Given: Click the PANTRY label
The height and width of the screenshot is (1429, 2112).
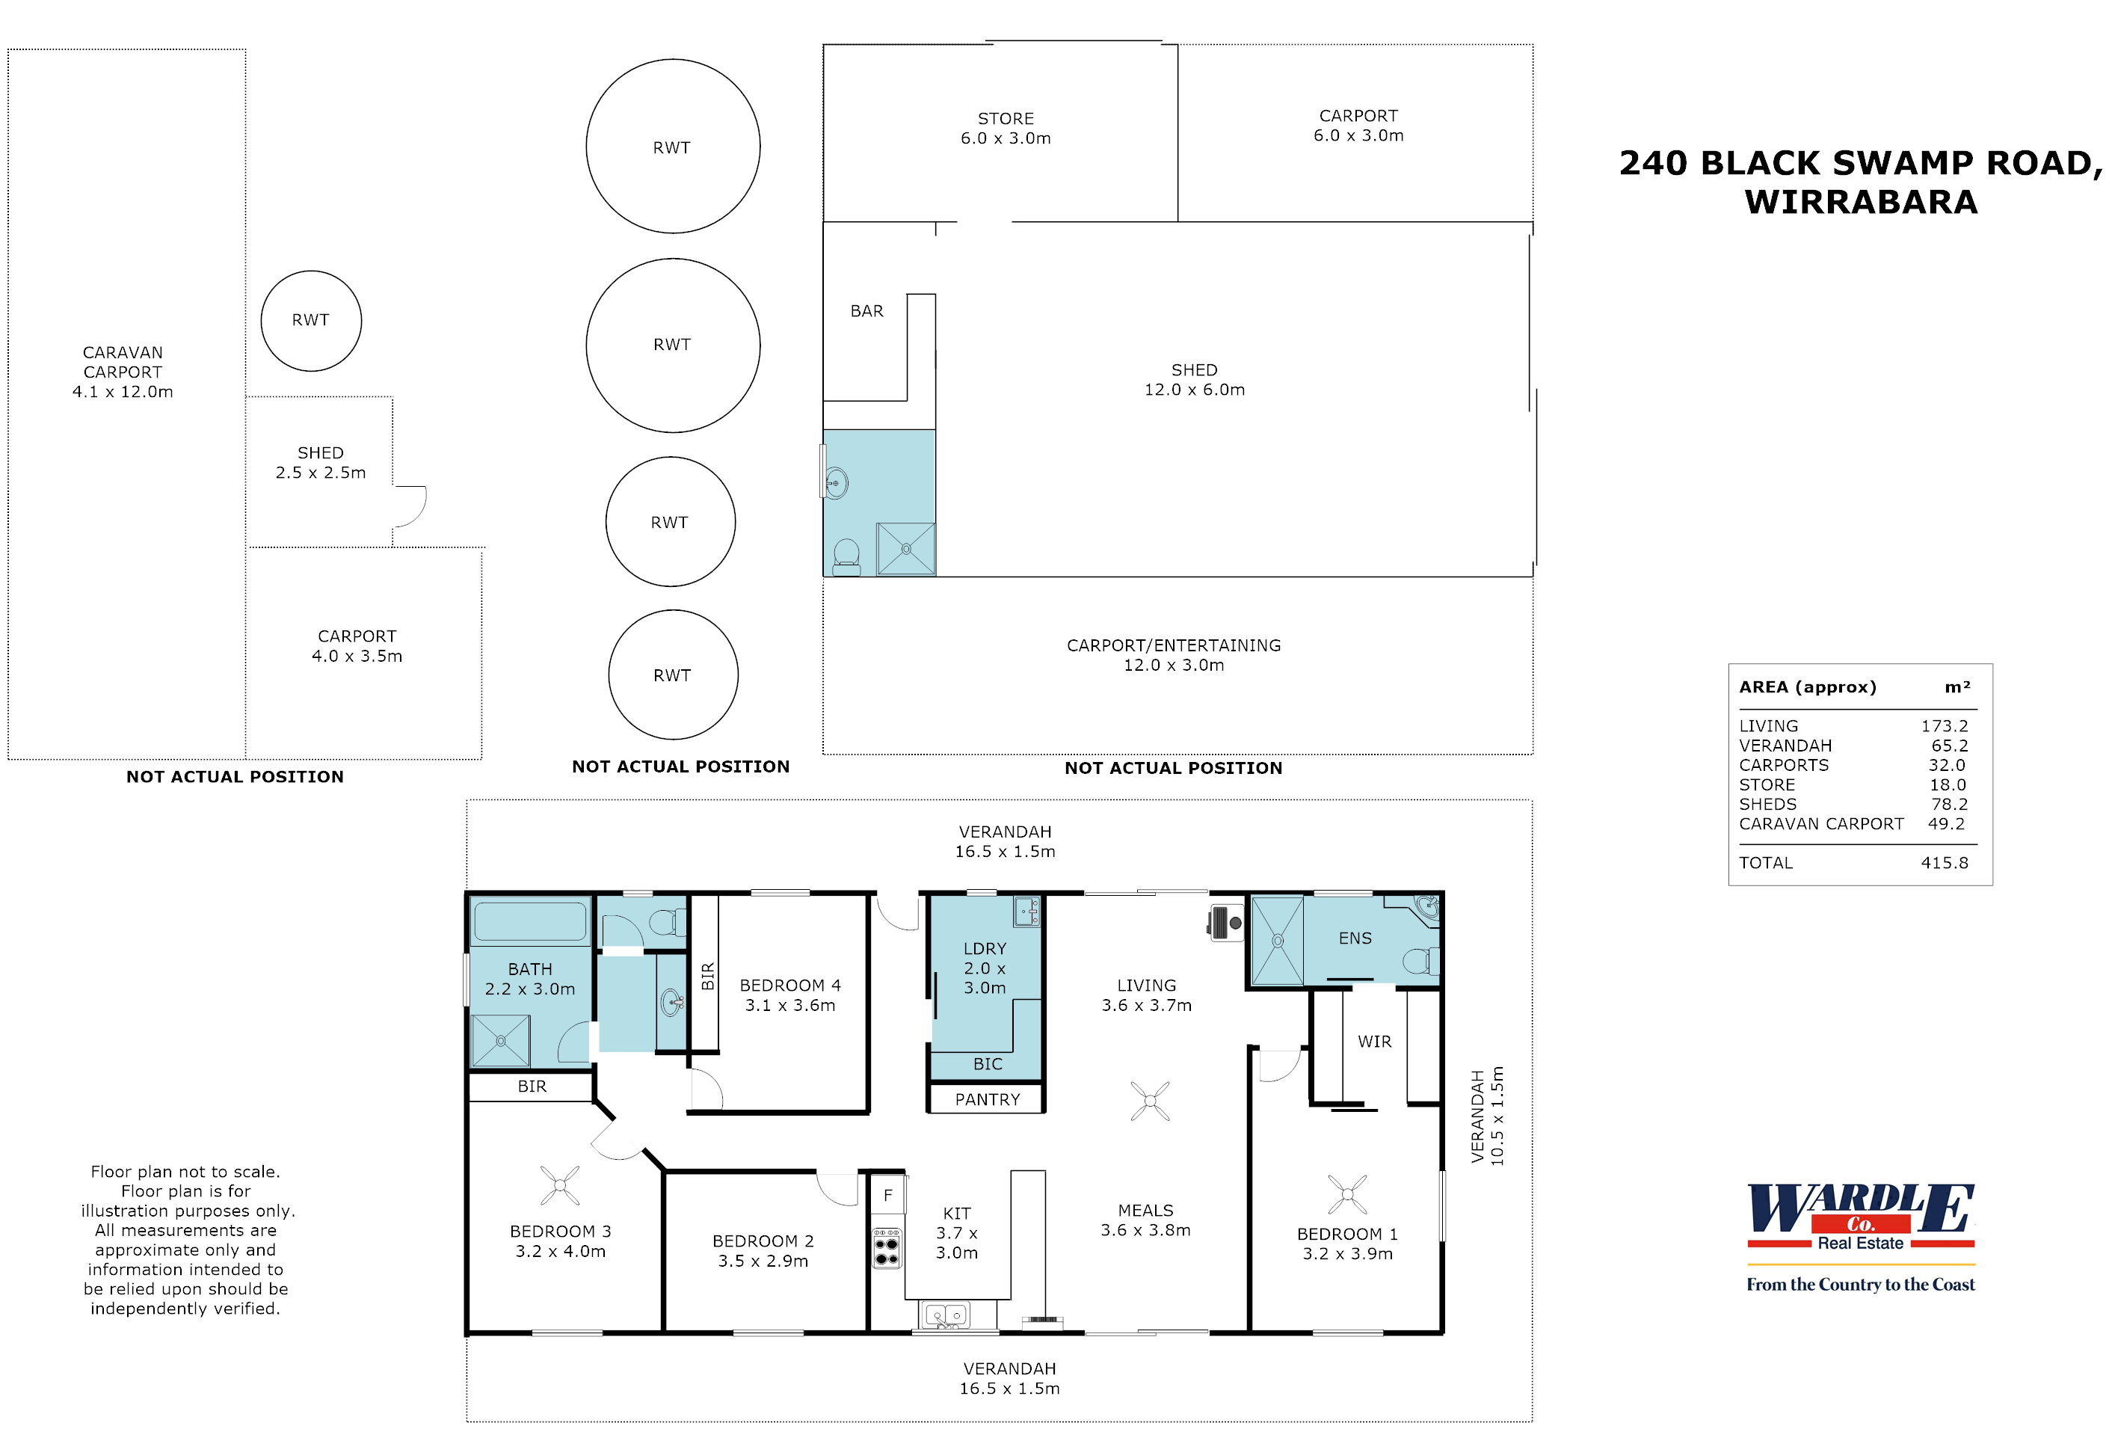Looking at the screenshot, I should [x=987, y=1099].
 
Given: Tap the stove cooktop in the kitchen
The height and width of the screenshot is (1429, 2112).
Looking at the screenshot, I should [x=886, y=1249].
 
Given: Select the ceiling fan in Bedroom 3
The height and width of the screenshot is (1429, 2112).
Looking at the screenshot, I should [x=560, y=1185].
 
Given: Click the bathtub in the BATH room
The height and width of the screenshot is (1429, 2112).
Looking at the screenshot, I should [x=530, y=921].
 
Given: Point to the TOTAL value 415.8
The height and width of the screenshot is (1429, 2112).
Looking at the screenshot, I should [x=1944, y=863].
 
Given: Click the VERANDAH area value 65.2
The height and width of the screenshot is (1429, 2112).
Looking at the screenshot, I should [x=1949, y=746].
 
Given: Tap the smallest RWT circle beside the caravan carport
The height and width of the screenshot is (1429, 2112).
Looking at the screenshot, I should [x=311, y=320].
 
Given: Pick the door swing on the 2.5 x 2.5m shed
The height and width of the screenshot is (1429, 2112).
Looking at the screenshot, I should [x=410, y=505].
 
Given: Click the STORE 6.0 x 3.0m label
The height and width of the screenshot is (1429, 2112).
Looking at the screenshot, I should [x=1005, y=128].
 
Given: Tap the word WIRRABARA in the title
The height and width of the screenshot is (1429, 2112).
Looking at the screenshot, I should [x=1860, y=202].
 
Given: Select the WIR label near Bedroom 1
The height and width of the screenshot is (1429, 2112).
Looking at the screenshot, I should [x=1374, y=1042].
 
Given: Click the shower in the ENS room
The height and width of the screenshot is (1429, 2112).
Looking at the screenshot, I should [x=1277, y=940].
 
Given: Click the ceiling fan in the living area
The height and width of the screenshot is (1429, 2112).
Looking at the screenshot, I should [x=1150, y=1101].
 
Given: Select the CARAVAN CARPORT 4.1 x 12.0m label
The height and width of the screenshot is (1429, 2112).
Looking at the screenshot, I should [x=123, y=372].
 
